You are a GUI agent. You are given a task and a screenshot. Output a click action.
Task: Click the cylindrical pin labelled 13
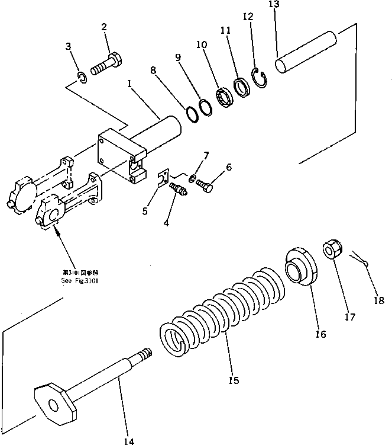pos(307,54)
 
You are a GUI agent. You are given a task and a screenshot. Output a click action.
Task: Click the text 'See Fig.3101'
pos(80,282)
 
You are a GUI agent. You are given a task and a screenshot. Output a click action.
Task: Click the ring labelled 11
pos(241,88)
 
